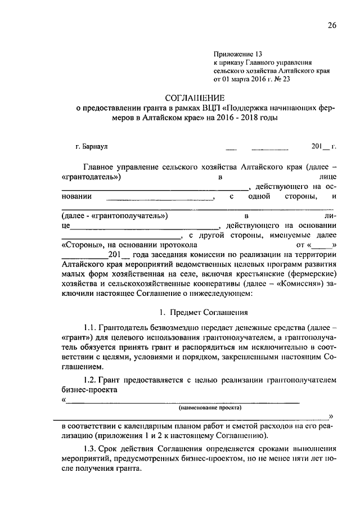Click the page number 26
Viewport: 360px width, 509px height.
(x=332, y=26)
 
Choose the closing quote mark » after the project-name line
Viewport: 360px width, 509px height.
(x=331, y=416)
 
